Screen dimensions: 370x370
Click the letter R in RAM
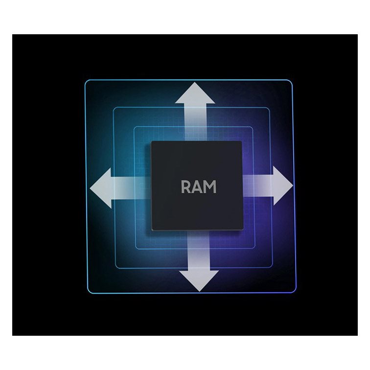point(186,187)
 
